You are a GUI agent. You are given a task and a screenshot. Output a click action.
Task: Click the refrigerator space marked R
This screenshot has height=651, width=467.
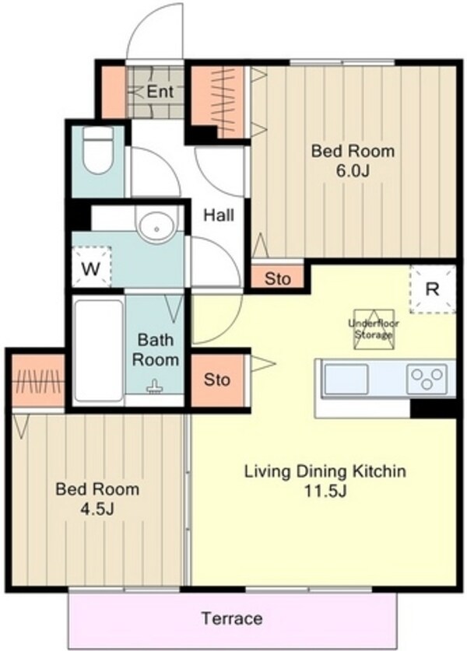(433, 289)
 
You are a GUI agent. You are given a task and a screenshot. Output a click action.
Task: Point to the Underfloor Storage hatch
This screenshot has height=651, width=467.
(373, 329)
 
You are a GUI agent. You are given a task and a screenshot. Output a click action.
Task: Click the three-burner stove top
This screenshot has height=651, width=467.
(427, 379)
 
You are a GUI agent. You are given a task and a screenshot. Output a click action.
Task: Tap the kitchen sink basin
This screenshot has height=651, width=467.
(346, 379)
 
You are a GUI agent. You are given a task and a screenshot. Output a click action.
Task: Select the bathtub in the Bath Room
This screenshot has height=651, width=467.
(99, 352)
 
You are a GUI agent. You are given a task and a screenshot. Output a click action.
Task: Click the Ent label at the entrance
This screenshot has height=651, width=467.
(160, 91)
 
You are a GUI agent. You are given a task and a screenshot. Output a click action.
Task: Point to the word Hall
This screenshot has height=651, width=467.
(219, 215)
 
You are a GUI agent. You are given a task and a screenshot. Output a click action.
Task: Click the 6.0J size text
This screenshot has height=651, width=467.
(353, 170)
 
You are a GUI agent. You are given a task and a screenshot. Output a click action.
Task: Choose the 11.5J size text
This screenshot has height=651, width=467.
(325, 491)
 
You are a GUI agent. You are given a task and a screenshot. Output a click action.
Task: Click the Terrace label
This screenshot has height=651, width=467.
(232, 618)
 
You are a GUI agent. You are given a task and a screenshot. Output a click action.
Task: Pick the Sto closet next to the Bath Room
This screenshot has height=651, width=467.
(217, 380)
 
